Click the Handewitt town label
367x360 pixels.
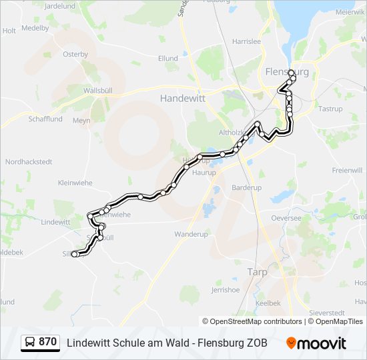click(x=182, y=97)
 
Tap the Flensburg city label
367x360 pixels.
click(x=287, y=72)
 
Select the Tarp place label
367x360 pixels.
click(x=257, y=272)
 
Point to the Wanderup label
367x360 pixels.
click(x=192, y=235)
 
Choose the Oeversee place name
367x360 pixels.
click(x=286, y=218)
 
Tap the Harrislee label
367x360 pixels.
click(x=245, y=41)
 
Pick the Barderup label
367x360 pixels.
click(x=246, y=187)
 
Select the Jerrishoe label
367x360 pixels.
click(x=225, y=290)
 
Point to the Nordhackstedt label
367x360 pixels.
click(x=28, y=162)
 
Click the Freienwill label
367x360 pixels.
click(x=347, y=171)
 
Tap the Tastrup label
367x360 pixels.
click(x=330, y=109)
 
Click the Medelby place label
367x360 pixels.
click(x=35, y=28)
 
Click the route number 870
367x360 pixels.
click(x=47, y=342)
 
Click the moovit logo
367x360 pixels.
click(x=316, y=343)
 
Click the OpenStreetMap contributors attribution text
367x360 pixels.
click(x=256, y=321)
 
